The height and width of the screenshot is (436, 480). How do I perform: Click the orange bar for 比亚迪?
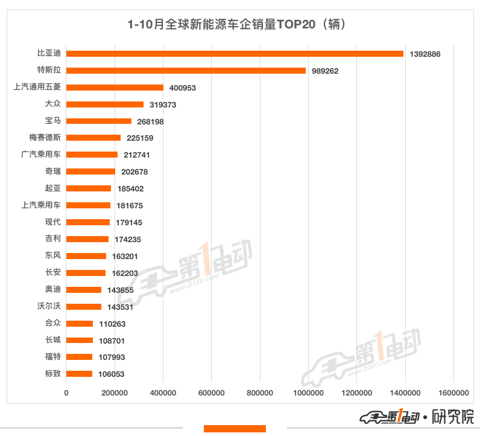coord(235,54)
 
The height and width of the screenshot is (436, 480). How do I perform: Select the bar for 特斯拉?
coord(186,71)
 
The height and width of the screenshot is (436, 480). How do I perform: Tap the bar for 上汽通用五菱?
coord(115,88)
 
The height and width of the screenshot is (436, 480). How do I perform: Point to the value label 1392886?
coord(425,54)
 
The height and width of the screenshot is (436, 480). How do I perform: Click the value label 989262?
coord(325,71)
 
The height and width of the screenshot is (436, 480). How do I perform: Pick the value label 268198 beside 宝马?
coord(151,121)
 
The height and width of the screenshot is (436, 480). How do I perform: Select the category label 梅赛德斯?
coord(45,138)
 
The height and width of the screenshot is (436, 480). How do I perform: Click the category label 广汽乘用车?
coord(41,155)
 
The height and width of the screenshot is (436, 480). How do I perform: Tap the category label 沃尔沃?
coord(49,306)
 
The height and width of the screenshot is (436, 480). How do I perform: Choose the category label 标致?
coord(53,373)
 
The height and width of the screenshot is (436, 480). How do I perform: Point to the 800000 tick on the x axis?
coord(260,393)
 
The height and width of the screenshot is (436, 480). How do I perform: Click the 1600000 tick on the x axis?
coord(453,393)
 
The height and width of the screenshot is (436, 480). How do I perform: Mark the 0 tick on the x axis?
coord(66,393)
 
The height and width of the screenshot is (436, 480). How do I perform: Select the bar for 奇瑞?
coord(90,172)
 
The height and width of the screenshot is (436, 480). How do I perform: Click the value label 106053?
coord(111,374)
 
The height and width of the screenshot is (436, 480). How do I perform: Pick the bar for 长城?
coord(80,340)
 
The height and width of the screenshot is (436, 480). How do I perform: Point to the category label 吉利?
coord(53,239)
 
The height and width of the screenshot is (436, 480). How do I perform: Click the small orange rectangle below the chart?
coord(235,429)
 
